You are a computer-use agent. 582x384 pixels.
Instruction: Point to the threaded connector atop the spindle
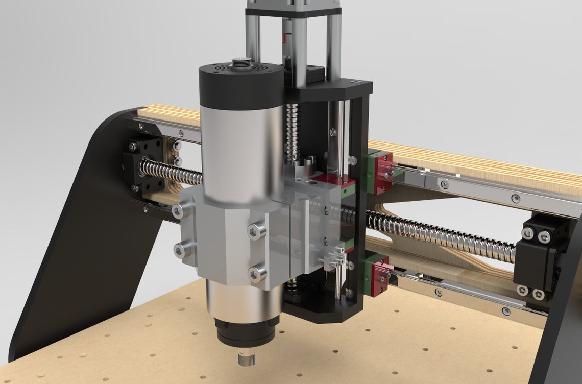pyautogui.click(x=238, y=64)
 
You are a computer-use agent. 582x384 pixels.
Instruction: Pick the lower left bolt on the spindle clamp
pyautogui.click(x=179, y=249)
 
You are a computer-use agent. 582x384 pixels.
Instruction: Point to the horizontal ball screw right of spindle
pyautogui.click(x=439, y=235)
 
